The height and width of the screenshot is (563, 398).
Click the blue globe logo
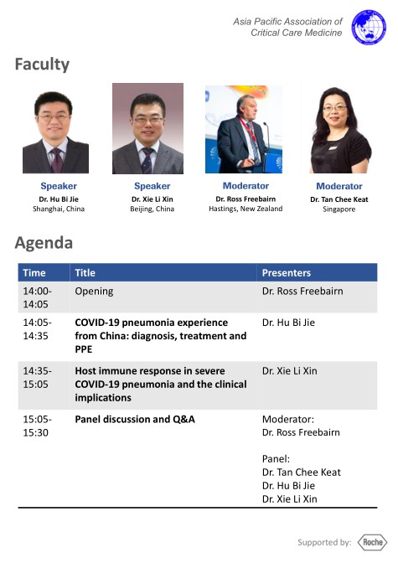pos(369,28)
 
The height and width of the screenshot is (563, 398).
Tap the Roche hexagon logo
pos(373,542)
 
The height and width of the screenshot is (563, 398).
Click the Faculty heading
pos(42,65)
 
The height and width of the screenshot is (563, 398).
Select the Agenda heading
pos(44,243)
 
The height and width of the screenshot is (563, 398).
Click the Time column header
pos(34,273)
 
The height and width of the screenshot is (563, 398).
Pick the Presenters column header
pos(287,273)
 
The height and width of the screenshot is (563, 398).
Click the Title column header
pos(85,273)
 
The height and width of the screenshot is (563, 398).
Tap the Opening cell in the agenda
pos(94,292)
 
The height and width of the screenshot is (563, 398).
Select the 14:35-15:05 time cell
pos(37,377)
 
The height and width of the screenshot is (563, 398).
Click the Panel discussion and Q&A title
pos(135,420)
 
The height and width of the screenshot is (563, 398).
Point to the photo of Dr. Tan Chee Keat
pos(340,130)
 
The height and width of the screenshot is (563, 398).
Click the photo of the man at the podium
pos(244,129)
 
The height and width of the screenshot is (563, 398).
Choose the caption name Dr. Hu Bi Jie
pos(59,199)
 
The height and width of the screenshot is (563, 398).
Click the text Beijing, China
pos(152,209)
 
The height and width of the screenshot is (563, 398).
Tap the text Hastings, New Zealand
pos(246,209)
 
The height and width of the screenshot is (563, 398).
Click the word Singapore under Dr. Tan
pos(339,209)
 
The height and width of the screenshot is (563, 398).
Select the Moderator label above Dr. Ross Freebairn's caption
pos(246,186)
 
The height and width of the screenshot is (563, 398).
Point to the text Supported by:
pos(324,542)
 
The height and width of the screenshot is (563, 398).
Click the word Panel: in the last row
pos(276,459)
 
